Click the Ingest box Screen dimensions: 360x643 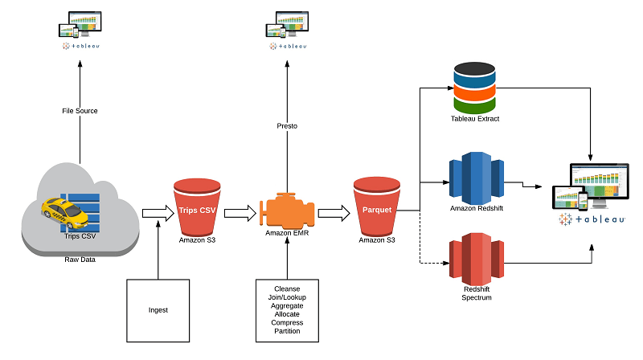158,309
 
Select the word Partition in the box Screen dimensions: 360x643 287,331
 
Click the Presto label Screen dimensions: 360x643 287,125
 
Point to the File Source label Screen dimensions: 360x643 80,110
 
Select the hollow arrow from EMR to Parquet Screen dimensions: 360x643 334,213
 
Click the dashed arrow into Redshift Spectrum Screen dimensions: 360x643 435,262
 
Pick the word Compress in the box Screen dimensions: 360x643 287,322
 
